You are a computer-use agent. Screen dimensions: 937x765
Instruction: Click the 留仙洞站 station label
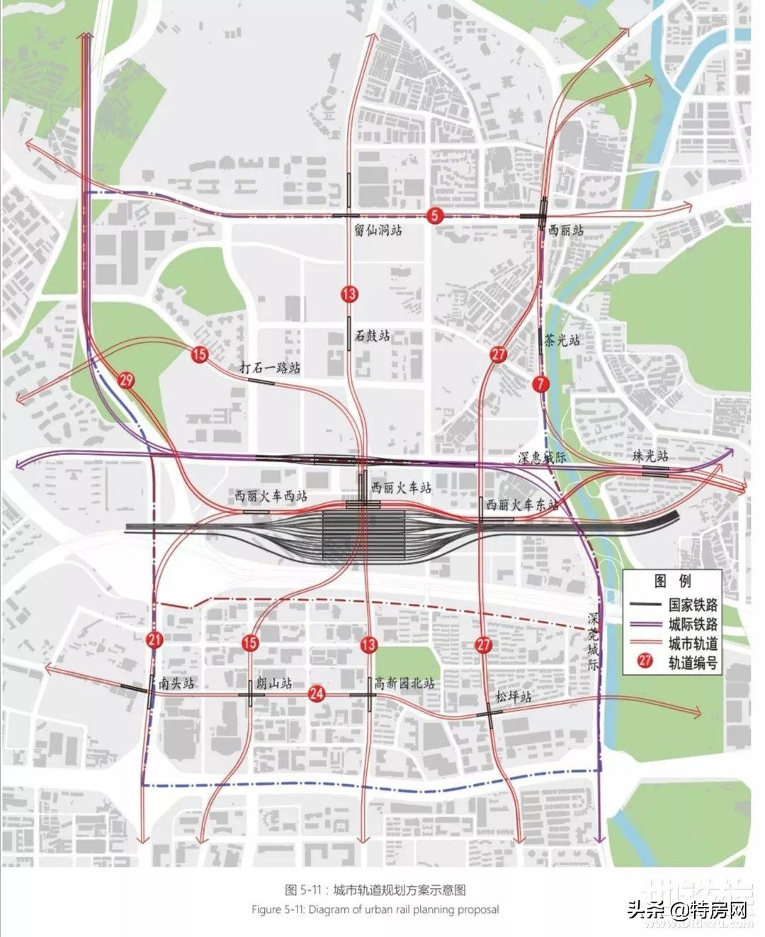pos(378,230)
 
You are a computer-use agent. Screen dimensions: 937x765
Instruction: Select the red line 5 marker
pos(434,215)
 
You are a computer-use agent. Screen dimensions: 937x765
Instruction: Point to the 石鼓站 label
pos(373,336)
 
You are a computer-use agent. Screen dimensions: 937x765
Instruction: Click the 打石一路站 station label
pos(269,368)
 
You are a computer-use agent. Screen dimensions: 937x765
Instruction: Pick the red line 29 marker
pos(127,381)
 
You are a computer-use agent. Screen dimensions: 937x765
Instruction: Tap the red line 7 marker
pos(542,383)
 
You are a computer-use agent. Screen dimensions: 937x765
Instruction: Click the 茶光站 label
pos(562,340)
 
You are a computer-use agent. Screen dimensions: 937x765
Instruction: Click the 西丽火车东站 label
pos(523,505)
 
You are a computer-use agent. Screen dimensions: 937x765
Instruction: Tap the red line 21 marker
pos(154,640)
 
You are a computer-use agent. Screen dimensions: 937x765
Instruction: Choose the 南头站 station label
pos(176,683)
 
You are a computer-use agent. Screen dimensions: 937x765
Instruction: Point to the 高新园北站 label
pos(404,683)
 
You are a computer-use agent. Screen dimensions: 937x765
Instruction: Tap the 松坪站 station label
pos(514,696)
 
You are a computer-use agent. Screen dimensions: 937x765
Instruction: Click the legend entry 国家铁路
pos(693,605)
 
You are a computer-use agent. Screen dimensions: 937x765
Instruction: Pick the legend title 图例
pos(672,581)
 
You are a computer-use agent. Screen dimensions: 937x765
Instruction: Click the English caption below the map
pos(375,909)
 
